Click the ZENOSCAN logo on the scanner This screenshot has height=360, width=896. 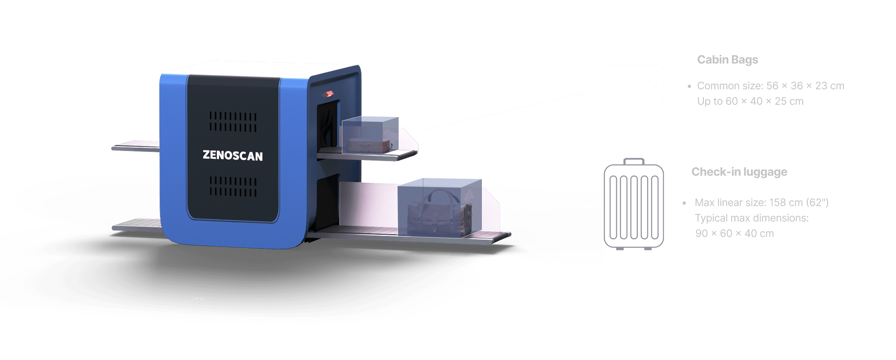233,155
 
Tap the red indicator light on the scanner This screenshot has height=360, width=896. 328,93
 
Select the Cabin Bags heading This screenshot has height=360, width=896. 727,60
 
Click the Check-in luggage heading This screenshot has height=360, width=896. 739,172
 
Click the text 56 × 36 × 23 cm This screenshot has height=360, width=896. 805,86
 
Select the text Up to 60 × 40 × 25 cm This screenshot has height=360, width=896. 750,101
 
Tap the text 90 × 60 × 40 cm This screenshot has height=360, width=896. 734,234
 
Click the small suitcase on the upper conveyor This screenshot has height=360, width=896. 369,145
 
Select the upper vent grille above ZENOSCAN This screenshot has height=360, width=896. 233,121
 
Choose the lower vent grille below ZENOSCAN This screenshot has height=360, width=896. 233,186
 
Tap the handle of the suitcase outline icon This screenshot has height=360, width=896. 634,161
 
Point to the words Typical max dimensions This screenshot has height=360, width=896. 751,218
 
